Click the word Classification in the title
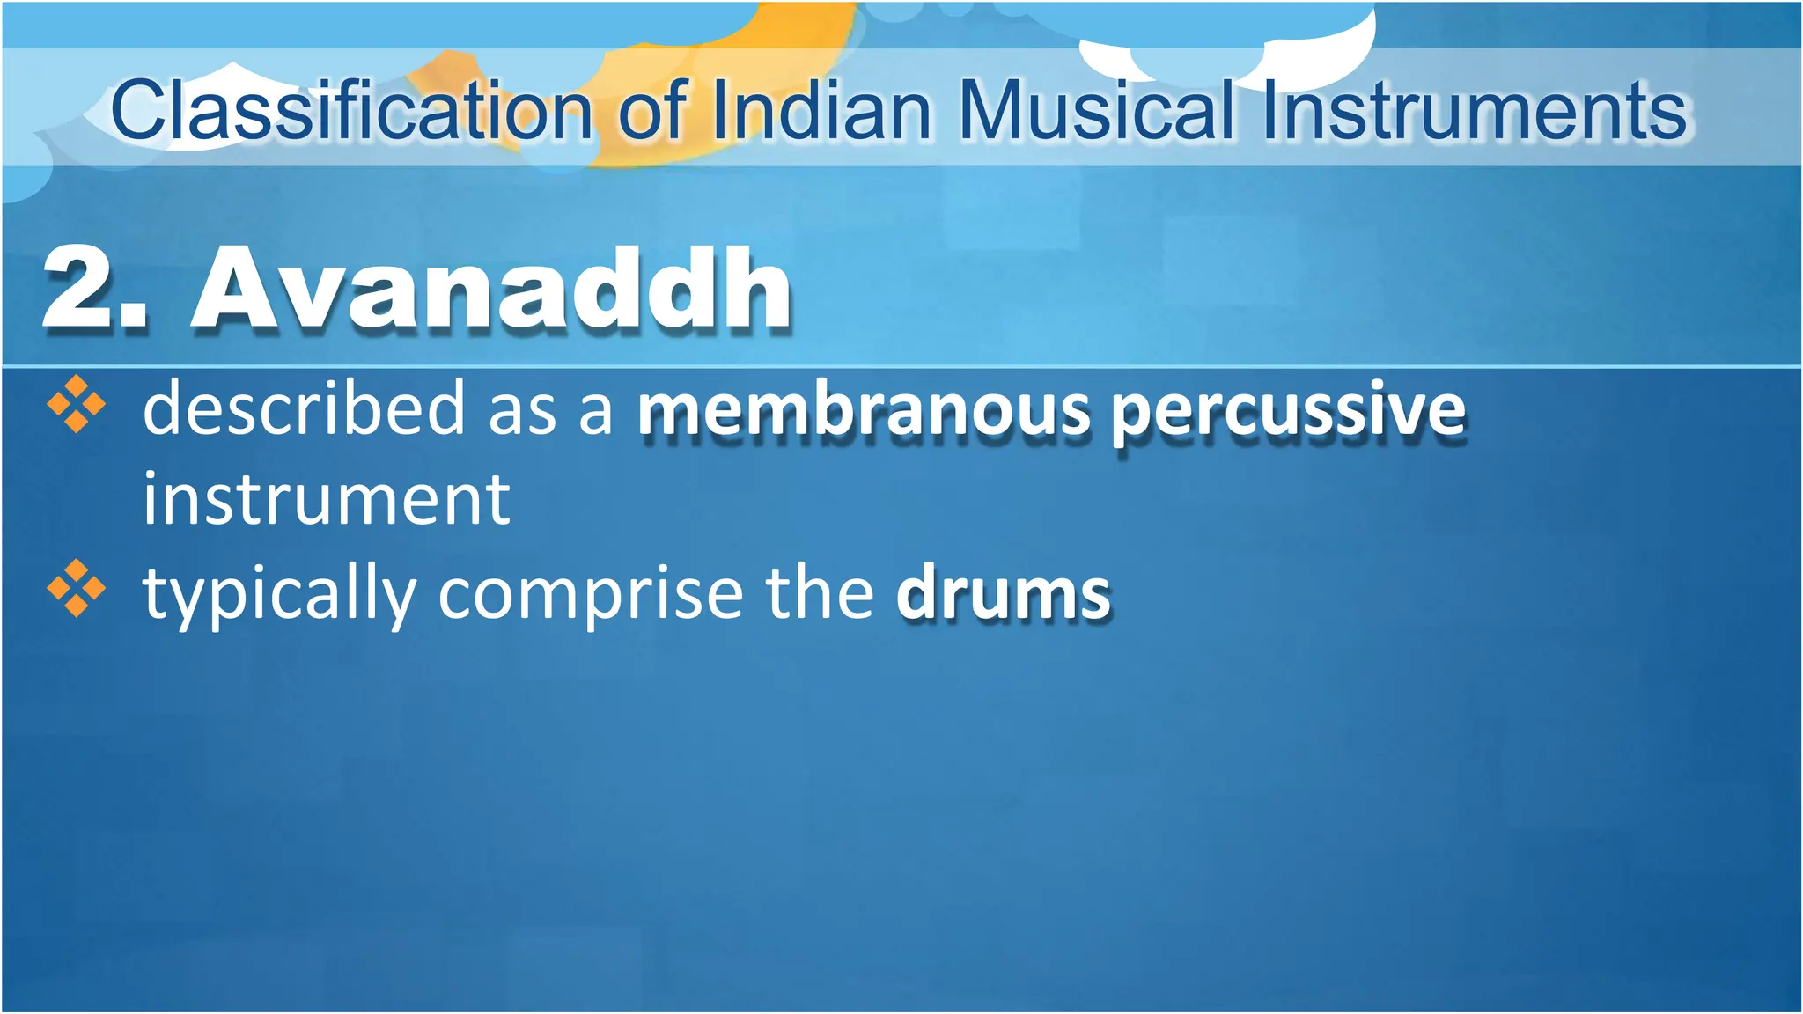(352, 111)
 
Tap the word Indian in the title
(821, 111)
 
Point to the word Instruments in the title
(1473, 111)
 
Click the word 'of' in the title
(651, 111)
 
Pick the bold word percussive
(1288, 411)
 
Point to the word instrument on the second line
(327, 500)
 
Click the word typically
(280, 594)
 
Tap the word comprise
(590, 594)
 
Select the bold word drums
(1004, 594)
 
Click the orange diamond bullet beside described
(77, 404)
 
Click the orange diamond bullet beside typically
(77, 588)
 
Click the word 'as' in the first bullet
(523, 411)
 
